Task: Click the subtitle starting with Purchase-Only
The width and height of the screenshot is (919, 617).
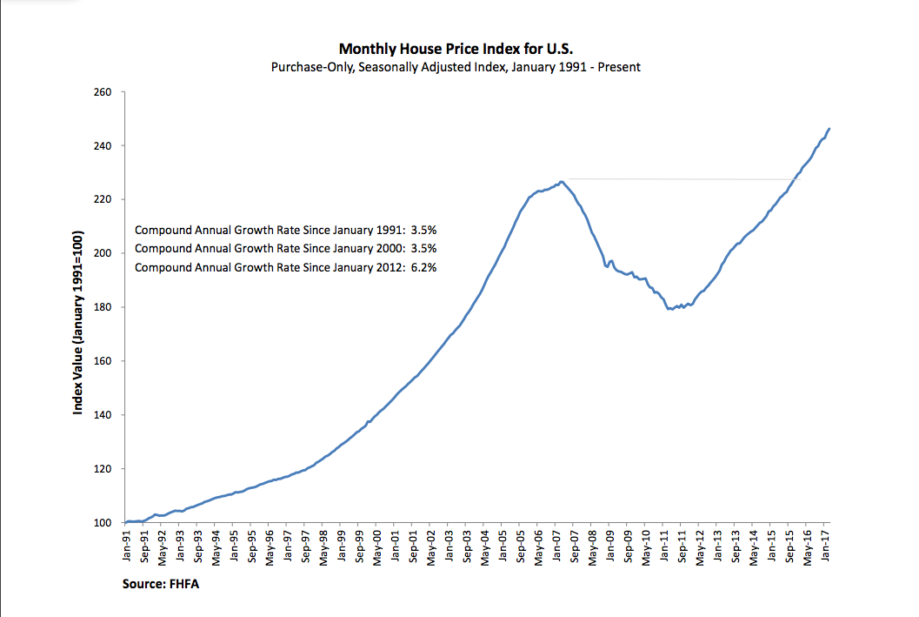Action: click(x=456, y=67)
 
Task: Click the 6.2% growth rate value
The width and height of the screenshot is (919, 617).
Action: click(x=423, y=268)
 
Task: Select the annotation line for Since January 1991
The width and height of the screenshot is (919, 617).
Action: click(x=285, y=231)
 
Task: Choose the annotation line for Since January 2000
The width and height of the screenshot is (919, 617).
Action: click(x=285, y=249)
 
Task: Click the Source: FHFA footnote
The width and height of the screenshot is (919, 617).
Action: click(x=161, y=585)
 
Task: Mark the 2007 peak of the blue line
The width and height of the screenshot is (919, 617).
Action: click(x=562, y=181)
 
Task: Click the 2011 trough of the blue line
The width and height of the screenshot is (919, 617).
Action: click(x=668, y=309)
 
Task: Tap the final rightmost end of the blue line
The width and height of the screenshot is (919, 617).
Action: click(x=829, y=129)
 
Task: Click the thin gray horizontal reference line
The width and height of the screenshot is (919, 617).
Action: click(x=678, y=179)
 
